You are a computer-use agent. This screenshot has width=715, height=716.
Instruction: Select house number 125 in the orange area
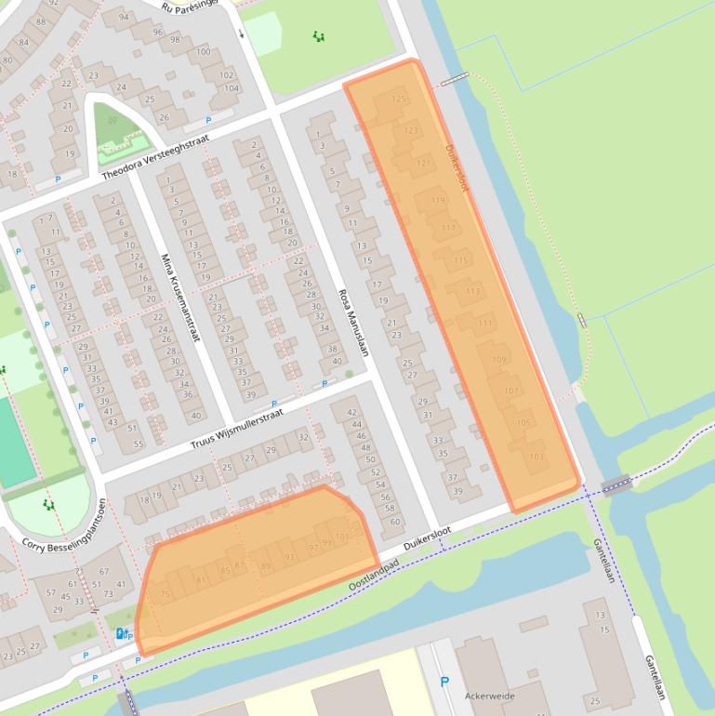pos(399,99)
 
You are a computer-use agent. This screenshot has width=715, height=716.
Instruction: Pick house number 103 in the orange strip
pos(536,457)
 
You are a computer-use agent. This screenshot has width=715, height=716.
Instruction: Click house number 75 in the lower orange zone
pos(166,594)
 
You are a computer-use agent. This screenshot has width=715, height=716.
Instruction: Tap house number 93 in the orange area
pos(290,557)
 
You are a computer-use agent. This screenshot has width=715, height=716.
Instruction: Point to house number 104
pos(232,88)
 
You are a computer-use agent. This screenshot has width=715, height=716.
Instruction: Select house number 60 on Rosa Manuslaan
pos(394,521)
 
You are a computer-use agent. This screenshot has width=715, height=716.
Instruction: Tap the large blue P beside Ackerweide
pos(444,682)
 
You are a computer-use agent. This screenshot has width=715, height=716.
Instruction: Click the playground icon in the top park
pos(319,36)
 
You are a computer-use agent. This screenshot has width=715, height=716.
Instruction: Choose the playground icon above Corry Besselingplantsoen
pos(48,504)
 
